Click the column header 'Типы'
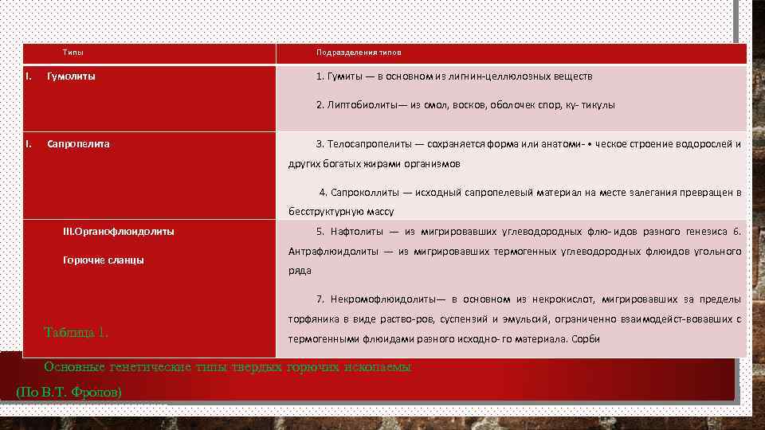73,53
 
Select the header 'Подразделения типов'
359,53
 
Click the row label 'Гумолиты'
71,76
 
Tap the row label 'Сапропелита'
78,144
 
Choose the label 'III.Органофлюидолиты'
118,232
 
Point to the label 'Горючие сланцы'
103,260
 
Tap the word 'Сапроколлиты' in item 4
365,193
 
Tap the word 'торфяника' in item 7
312,319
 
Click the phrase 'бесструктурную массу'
340,212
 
